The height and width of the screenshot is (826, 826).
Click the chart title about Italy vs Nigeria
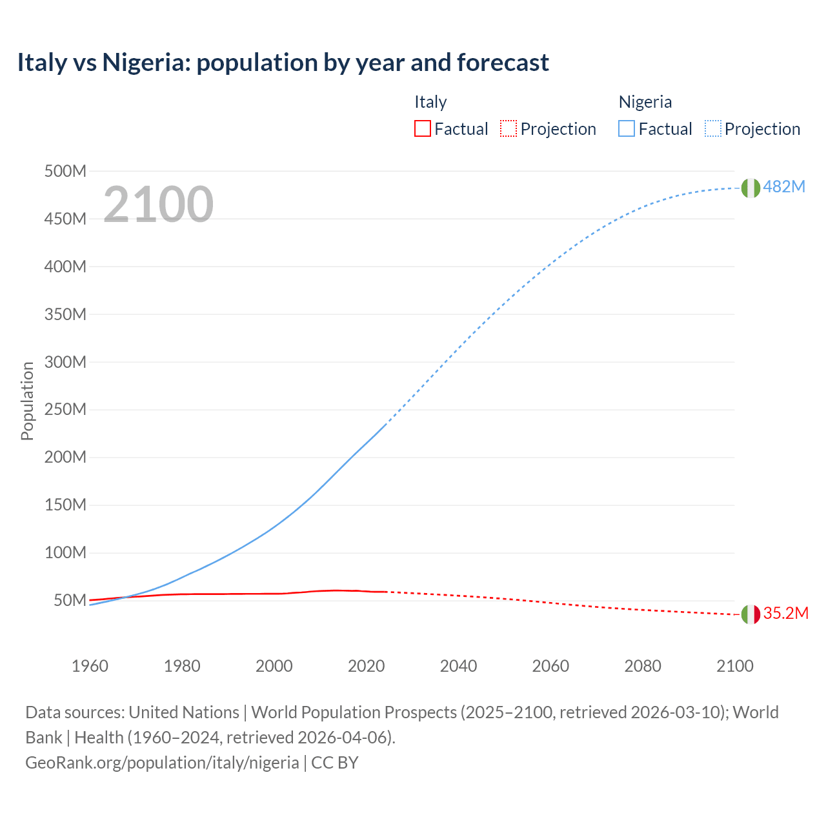pos(283,63)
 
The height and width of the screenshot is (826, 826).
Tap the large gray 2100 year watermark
pos(158,204)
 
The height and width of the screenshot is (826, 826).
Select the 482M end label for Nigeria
pos(784,186)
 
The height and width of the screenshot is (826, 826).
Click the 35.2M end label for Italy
pos(785,613)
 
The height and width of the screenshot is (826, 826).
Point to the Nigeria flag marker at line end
pos(750,188)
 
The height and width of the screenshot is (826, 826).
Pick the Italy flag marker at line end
pos(750,614)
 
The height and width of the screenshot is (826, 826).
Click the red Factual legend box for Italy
pos(423,128)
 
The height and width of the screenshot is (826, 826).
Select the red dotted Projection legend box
pos(509,128)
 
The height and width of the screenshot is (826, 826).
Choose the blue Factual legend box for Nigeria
pos(627,128)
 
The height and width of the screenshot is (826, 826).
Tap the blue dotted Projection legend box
pos(713,128)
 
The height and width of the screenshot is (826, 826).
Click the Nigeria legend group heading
pos(645,102)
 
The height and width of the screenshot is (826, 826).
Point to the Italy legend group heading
pos(430,102)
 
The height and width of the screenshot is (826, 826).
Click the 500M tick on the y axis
pos(65,171)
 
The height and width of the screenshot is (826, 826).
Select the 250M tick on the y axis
pos(65,409)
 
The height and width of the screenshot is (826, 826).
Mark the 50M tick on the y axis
pos(70,600)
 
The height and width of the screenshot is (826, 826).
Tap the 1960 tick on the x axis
pos(90,666)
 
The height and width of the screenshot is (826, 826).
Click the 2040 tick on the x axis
pos(458,666)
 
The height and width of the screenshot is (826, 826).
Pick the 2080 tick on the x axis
pos(643,666)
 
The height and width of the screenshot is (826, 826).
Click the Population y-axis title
pos(27,401)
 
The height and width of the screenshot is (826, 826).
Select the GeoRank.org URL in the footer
pos(162,762)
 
